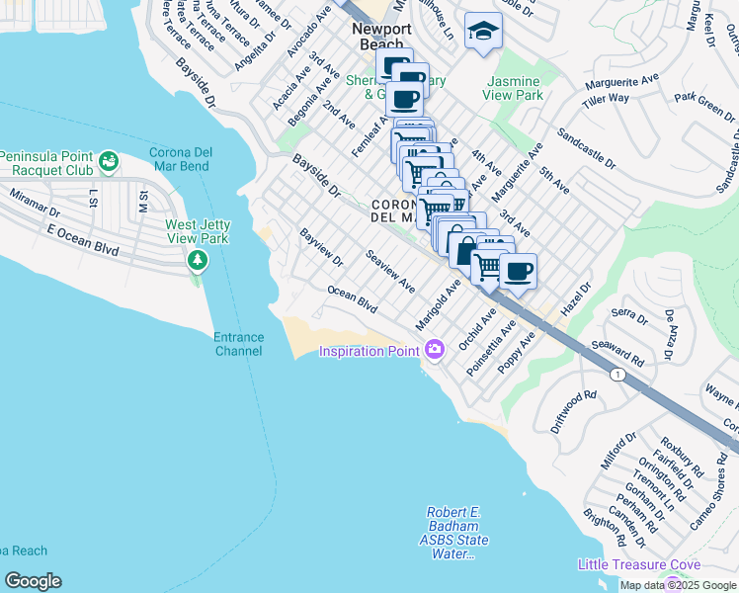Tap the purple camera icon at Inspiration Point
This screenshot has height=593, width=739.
434,349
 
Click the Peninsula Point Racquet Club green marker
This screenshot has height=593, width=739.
109,158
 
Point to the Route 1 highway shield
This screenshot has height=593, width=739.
617,374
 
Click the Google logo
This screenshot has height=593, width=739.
33,581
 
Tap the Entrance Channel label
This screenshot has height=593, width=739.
239,344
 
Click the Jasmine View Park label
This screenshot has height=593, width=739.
512,88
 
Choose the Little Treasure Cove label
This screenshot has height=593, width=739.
639,564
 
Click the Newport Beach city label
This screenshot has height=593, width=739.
378,37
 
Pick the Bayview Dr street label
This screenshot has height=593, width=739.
321,247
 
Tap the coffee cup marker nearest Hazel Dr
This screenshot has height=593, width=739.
517,271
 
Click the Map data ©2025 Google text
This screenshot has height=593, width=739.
678,585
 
